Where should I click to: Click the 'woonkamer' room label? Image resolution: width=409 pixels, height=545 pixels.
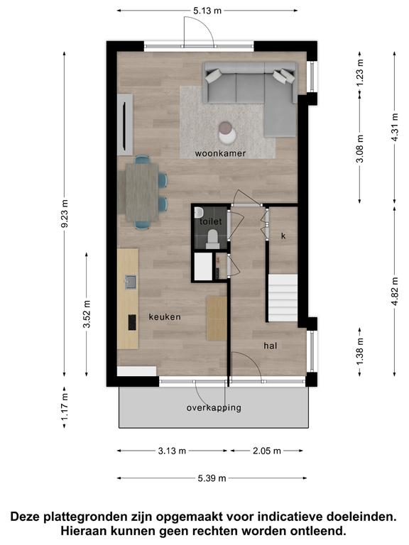pos(220,153)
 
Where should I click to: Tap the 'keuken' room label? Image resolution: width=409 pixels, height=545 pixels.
pos(165,317)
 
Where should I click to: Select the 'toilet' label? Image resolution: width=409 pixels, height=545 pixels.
pos(211,221)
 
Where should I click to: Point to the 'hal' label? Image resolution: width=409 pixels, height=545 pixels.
pos(271,346)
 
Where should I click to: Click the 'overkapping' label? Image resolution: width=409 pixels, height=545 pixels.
pos(214,408)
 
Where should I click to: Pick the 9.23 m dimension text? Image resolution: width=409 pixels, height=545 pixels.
pos(65,214)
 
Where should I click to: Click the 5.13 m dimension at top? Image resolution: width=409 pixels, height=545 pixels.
pos(207,11)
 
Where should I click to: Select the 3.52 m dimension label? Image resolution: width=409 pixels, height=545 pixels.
pos(87,314)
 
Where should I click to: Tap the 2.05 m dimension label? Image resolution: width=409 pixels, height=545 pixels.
pos(267,451)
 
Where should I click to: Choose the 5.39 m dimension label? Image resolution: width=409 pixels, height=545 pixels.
pos(212,478)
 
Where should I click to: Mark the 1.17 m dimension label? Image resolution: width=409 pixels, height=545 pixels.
pos(65,406)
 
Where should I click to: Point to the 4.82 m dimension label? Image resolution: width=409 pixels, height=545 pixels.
pos(395,291)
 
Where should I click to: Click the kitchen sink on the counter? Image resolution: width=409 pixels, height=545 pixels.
pos(131,282)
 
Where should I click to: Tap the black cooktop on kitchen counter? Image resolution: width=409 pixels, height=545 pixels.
pos(132,322)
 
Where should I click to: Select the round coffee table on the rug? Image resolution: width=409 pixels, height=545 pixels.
pos(227,132)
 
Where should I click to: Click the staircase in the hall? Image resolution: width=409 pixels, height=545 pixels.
pos(283,298)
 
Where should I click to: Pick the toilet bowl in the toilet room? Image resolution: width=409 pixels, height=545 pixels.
pos(212,238)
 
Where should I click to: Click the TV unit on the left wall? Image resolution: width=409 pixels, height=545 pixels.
pos(125,124)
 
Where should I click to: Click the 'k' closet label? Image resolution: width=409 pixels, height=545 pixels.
pos(283,236)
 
